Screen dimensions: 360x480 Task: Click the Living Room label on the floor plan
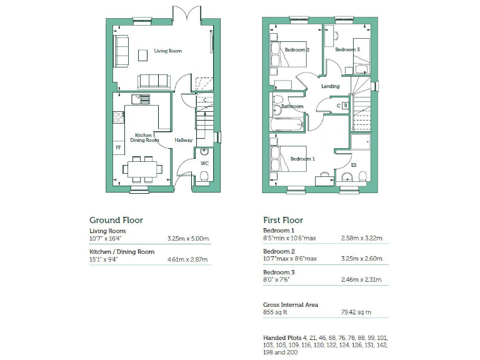pyautogui.click(x=168, y=51)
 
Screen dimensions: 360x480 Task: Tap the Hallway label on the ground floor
pyautogui.click(x=184, y=140)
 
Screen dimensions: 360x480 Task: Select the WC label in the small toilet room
pyautogui.click(x=204, y=164)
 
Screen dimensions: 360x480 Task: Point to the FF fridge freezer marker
pyautogui.click(x=117, y=148)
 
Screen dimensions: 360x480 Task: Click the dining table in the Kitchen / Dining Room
pyautogui.click(x=142, y=169)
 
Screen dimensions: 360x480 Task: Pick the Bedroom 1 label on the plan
pyautogui.click(x=302, y=159)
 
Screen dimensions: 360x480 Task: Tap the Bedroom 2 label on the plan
pyautogui.click(x=297, y=49)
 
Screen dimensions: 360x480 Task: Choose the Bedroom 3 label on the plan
pyautogui.click(x=347, y=49)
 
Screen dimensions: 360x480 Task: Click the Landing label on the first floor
pyautogui.click(x=330, y=86)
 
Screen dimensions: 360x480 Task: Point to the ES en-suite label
pyautogui.click(x=354, y=165)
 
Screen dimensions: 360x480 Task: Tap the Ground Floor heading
pyautogui.click(x=116, y=220)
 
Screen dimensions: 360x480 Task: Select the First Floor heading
pyautogui.click(x=283, y=220)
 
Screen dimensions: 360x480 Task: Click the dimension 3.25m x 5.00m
pyautogui.click(x=188, y=238)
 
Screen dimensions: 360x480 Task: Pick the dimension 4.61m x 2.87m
pyautogui.click(x=188, y=259)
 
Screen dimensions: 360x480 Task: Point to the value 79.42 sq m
pyautogui.click(x=357, y=312)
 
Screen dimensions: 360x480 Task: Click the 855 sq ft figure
pyautogui.click(x=275, y=312)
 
